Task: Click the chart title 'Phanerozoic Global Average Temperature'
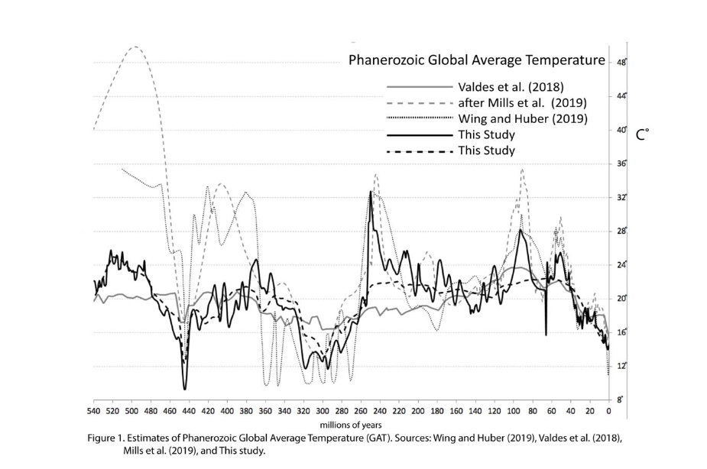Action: point(477,60)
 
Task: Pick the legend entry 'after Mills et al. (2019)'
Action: point(522,102)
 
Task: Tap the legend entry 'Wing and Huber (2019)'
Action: point(522,118)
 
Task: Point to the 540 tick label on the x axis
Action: point(93,411)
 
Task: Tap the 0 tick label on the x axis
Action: point(608,411)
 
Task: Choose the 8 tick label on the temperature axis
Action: point(621,399)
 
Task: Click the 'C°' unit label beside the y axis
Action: point(642,134)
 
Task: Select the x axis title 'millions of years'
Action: point(351,425)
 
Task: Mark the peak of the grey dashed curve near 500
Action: point(135,47)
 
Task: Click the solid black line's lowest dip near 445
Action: point(184,389)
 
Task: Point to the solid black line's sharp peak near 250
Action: point(371,192)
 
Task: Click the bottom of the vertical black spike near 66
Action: point(546,334)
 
